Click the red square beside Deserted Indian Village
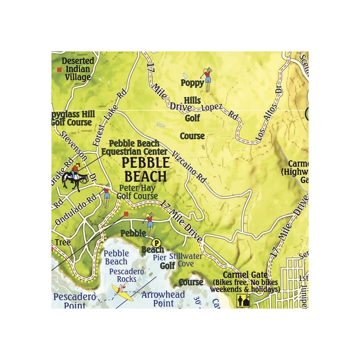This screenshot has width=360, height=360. (x=60, y=68)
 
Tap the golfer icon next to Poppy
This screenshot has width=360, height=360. (x=207, y=76)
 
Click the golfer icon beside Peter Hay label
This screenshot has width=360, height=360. (x=106, y=196)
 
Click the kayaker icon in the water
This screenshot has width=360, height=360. (x=122, y=292)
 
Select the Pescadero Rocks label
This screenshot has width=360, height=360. (x=127, y=275)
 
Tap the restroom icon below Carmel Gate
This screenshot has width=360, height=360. (x=242, y=300)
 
